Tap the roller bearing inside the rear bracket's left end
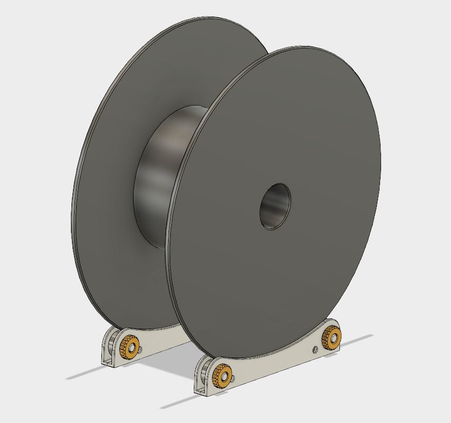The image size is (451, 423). tap(114, 344)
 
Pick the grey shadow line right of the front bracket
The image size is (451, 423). tap(360, 340)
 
